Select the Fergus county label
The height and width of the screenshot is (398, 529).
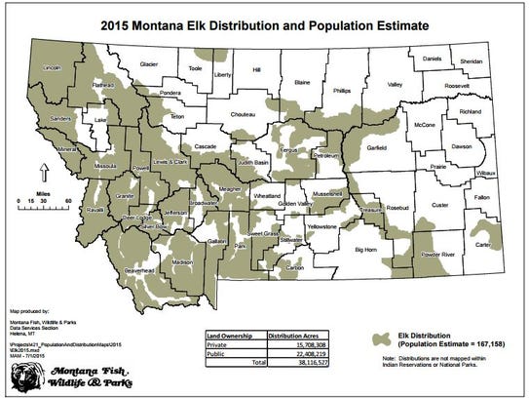286,152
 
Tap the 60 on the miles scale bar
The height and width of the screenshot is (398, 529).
66,199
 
